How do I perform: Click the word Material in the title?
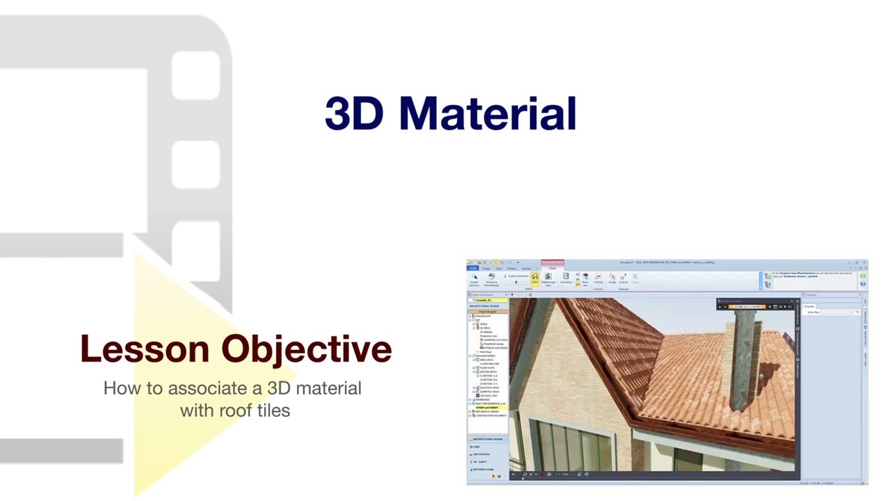487,113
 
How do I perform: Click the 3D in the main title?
353,113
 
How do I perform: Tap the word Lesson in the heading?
144,349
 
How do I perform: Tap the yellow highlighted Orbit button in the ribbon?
535,278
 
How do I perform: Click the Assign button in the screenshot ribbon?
612,278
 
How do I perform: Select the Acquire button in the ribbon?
624,278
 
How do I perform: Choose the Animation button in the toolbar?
566,278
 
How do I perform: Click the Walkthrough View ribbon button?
548,278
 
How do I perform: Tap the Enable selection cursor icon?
474,278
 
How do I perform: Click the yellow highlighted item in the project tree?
487,407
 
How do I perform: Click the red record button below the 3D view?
541,475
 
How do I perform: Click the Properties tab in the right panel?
809,306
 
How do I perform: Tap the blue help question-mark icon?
863,284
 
